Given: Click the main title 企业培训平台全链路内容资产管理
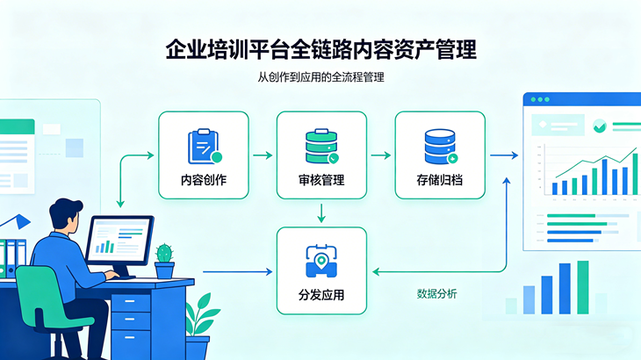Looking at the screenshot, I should [x=320, y=48].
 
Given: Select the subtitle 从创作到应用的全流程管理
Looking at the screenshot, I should [x=320, y=77].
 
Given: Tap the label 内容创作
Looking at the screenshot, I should [x=204, y=181].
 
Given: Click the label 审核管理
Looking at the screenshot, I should [x=320, y=181].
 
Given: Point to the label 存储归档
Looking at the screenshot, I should [x=440, y=181].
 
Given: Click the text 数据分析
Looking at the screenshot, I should [x=436, y=293].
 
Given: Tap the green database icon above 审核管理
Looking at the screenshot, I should [x=320, y=146].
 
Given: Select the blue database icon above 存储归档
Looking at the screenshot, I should [x=440, y=146].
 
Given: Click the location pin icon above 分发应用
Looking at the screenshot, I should [x=321, y=259].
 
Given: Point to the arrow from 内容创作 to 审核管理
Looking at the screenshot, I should [x=262, y=155].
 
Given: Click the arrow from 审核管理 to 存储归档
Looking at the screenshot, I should [x=380, y=155].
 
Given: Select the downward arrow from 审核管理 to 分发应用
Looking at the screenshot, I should [x=321, y=212].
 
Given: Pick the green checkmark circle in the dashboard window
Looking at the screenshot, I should [x=599, y=126].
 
